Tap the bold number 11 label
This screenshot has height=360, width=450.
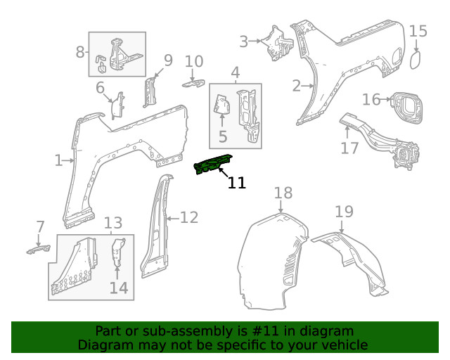click(x=237, y=184)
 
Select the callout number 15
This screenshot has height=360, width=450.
click(x=418, y=31)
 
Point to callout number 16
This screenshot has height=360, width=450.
click(x=371, y=99)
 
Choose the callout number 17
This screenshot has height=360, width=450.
click(x=349, y=148)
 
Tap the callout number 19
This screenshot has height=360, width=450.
click(x=343, y=212)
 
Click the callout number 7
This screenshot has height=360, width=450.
click(x=40, y=226)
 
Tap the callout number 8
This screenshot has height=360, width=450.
click(x=80, y=51)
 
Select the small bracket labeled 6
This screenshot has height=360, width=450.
click(x=118, y=104)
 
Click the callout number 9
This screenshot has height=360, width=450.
click(x=168, y=60)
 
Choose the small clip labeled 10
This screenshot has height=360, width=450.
click(x=193, y=84)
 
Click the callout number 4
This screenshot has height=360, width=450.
click(x=235, y=72)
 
